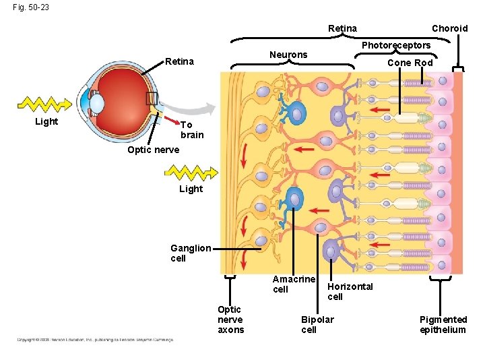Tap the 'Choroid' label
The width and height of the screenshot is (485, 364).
[x=449, y=28]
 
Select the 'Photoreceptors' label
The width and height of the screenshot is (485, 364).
[x=396, y=45]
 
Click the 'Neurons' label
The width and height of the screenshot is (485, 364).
[x=288, y=55]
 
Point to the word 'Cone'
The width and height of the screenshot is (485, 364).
[x=399, y=63]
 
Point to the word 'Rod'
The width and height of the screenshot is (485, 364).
[x=424, y=63]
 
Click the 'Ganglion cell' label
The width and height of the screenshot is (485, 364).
[x=191, y=253]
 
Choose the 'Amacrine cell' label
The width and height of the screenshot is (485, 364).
[x=294, y=284]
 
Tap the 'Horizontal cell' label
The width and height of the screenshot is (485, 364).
[x=350, y=291]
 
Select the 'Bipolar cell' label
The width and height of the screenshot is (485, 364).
[x=317, y=324]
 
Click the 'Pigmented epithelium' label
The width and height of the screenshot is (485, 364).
[x=443, y=324]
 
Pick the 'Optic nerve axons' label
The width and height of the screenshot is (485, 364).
[x=230, y=320]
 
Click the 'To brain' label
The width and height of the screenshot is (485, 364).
[x=191, y=129]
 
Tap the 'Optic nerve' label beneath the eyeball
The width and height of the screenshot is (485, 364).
[x=154, y=150]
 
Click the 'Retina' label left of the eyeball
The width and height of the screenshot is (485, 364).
[x=180, y=62]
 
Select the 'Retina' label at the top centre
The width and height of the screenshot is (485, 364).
[x=342, y=28]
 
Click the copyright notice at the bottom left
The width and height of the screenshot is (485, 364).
[x=95, y=340]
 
